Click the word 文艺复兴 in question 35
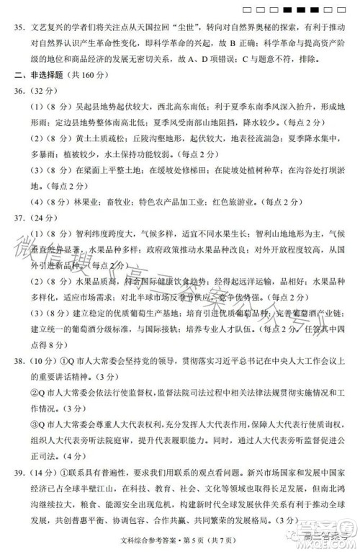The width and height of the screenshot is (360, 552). point(49,30)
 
